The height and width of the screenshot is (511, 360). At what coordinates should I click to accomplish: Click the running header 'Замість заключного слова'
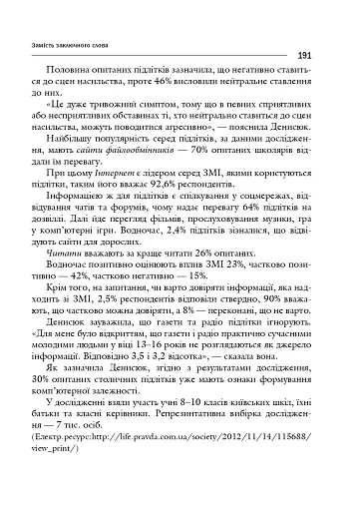81,44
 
